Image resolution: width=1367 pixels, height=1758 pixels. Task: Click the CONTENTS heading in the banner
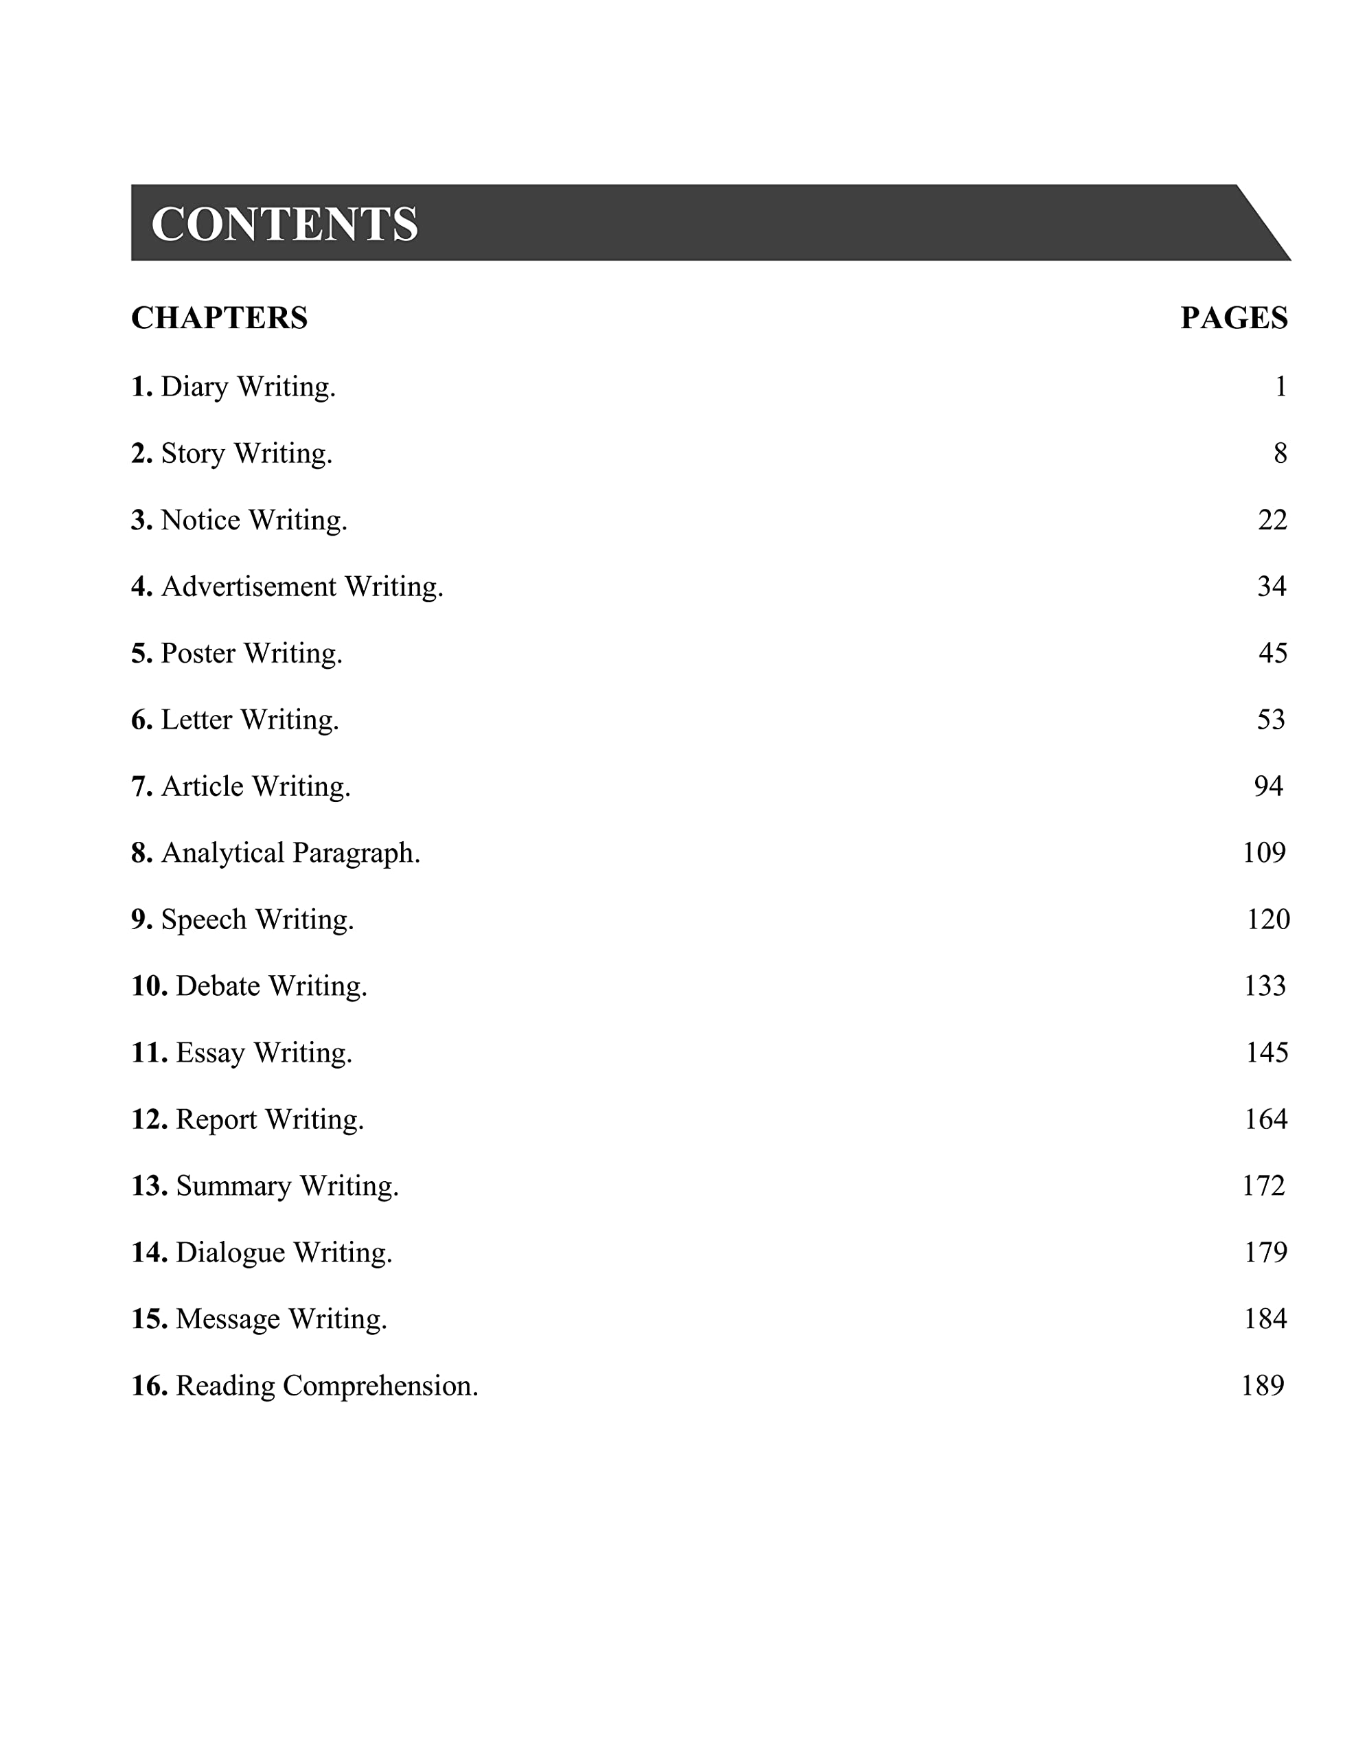[x=284, y=224]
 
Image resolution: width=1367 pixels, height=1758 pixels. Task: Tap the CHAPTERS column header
[x=219, y=318]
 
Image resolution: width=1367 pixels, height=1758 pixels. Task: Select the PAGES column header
[x=1233, y=318]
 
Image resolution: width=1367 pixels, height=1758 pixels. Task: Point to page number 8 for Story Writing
[x=1280, y=454]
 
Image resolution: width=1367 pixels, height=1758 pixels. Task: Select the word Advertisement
[x=249, y=587]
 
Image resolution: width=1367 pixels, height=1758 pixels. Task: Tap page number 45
[x=1273, y=653]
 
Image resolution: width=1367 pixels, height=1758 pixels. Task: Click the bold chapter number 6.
[x=141, y=720]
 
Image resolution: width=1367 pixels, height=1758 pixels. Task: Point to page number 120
[x=1268, y=920]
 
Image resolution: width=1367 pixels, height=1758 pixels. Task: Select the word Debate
[x=218, y=986]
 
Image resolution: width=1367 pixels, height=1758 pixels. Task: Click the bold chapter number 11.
[x=149, y=1053]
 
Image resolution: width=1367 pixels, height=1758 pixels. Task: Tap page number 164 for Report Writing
[x=1265, y=1119]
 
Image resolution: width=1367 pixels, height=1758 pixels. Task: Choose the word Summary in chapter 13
[x=233, y=1186]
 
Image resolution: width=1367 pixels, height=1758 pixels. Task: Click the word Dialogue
[x=230, y=1253]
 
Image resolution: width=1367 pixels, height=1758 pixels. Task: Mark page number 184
[x=1265, y=1319]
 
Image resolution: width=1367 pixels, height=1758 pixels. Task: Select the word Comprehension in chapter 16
[x=380, y=1386]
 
